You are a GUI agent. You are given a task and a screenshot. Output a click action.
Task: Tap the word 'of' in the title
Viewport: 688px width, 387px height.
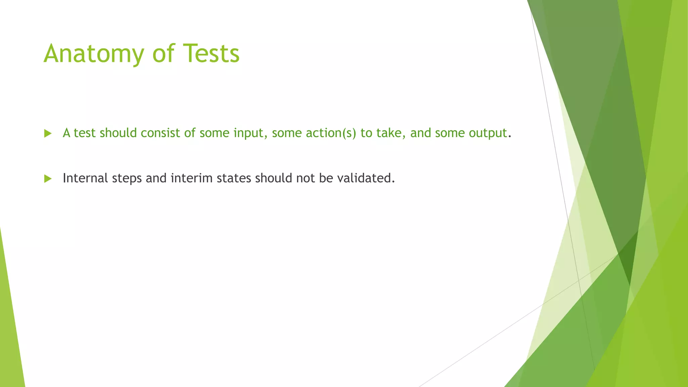point(163,54)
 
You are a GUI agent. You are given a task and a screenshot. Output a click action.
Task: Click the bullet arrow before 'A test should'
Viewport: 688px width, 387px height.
point(48,134)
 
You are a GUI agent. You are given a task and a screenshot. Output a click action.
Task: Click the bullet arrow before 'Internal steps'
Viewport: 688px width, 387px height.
point(48,179)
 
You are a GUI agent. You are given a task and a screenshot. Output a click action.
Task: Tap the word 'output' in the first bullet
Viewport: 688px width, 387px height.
point(488,133)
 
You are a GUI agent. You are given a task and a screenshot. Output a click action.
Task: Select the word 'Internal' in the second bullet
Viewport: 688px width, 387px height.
point(85,178)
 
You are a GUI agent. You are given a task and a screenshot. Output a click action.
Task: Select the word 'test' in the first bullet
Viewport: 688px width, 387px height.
point(85,133)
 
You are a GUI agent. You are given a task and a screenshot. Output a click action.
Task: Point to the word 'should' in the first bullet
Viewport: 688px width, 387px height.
point(118,133)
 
